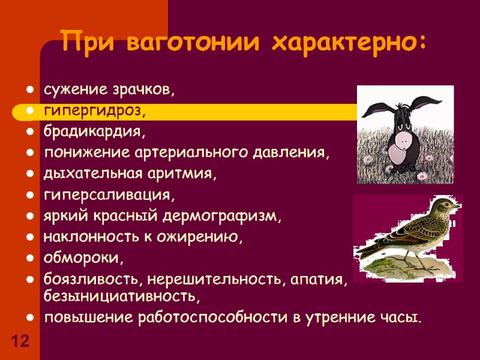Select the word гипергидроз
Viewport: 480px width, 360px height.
pos(93,111)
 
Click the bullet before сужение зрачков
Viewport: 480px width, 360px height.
pos(29,91)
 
